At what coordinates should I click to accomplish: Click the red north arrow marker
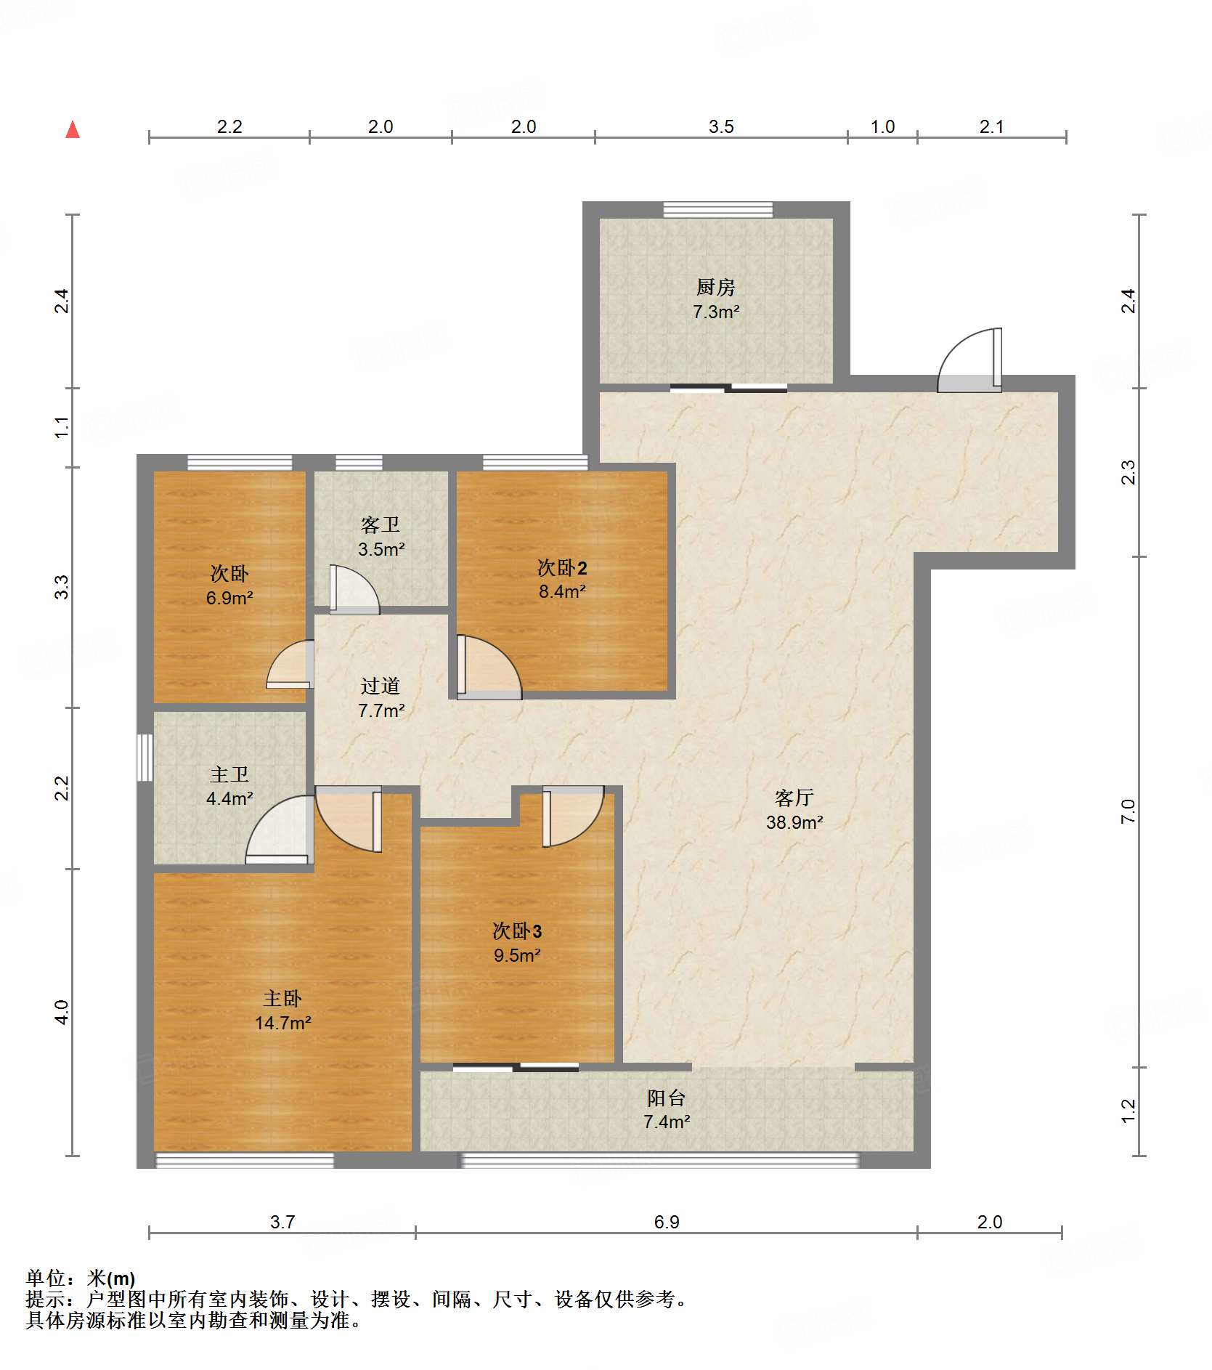coord(73,130)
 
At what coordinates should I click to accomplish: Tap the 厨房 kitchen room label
coord(716,287)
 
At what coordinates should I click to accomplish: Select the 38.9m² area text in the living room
coord(794,822)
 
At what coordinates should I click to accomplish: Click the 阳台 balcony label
coord(667,1098)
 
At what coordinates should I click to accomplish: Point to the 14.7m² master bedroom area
coord(283,1023)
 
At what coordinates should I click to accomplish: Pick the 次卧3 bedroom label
coord(517,931)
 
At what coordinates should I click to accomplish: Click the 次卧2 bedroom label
coord(562,567)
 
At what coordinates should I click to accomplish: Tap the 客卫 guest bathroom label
coord(381,524)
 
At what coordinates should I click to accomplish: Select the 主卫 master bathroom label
coord(229,774)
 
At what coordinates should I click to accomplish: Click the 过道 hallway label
coord(381,686)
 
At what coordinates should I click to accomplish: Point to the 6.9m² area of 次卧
coord(229,598)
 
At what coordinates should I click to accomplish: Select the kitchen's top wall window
coord(718,209)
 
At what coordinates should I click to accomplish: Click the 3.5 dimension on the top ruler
coord(721,126)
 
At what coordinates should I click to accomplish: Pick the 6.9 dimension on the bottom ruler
coord(667,1222)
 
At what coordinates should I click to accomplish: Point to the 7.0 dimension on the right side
coord(1128,811)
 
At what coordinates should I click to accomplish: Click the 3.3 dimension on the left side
coord(62,587)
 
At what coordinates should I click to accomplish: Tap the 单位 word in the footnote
coord(46,1278)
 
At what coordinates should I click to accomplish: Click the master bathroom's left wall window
coord(145,757)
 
